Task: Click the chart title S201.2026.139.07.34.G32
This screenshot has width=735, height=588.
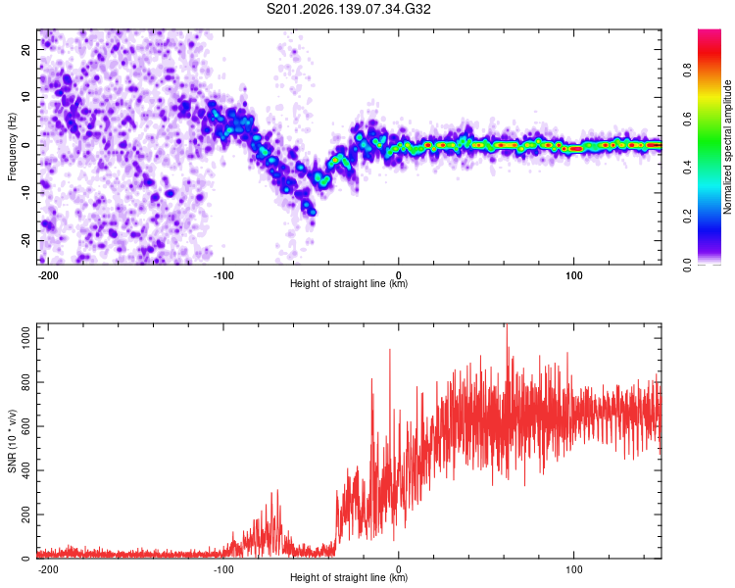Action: point(348,9)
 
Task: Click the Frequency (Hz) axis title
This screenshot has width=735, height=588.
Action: point(12,147)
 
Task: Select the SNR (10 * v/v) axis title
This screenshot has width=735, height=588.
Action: point(12,441)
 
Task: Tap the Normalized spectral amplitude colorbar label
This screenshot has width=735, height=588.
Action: point(727,147)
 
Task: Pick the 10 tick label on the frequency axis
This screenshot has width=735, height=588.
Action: point(25,97)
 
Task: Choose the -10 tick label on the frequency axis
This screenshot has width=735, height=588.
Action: point(25,193)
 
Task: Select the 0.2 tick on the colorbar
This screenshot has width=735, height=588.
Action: point(687,217)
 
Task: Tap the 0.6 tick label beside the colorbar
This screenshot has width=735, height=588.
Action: point(687,120)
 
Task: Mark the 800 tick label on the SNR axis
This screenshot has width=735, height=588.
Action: point(25,382)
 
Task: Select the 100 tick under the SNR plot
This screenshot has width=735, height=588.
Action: point(573,569)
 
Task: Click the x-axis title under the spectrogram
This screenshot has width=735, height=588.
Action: point(349,283)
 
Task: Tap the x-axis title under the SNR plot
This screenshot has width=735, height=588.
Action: point(349,577)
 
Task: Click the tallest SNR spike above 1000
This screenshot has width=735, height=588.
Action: point(507,328)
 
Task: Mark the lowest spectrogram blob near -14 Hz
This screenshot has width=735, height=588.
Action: point(313,213)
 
